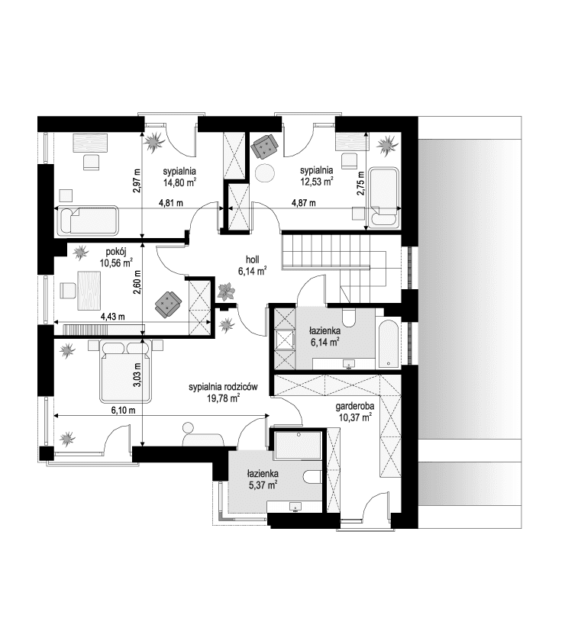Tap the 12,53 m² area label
pyautogui.click(x=317, y=182)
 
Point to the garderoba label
pyautogui.click(x=353, y=407)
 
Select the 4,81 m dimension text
pyautogui.click(x=170, y=203)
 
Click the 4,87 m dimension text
pyautogui.click(x=305, y=203)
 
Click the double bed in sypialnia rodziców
pyautogui.click(x=124, y=370)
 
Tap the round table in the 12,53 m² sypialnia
pyautogui.click(x=266, y=173)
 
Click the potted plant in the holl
pyautogui.click(x=226, y=291)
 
